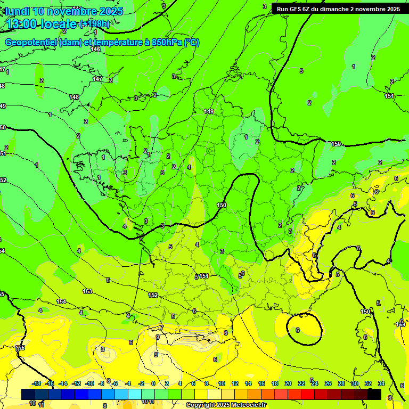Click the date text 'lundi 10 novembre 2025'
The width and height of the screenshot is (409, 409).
[64, 11]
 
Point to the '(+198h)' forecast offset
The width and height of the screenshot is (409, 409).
[94, 24]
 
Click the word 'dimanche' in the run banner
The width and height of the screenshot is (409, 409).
[334, 9]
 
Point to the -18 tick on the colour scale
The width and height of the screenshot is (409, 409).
[36, 383]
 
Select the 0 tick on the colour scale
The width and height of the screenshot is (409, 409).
[153, 383]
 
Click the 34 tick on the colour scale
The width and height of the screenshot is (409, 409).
[381, 383]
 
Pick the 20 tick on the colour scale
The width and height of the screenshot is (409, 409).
[288, 383]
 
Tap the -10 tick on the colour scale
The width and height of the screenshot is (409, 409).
[89, 383]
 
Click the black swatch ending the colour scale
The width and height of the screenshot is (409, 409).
[374, 394]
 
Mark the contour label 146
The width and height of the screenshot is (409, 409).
[95, 50]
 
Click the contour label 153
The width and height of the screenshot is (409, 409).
[87, 291]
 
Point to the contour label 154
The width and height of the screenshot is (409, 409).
[62, 301]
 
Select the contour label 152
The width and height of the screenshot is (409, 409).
[153, 295]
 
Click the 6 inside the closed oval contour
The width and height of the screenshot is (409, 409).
[298, 330]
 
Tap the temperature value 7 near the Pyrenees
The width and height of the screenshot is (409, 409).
[161, 327]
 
